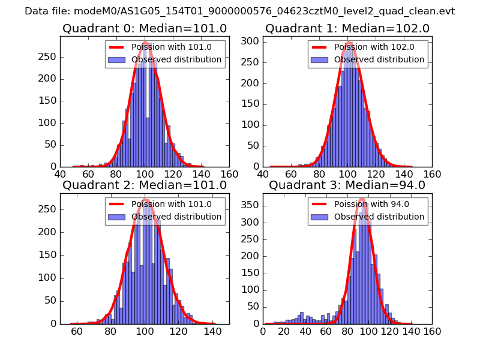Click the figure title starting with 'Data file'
[x=240, y=11]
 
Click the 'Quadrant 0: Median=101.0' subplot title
[x=145, y=29]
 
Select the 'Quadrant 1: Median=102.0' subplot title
[x=347, y=29]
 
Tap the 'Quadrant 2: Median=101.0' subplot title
[x=145, y=185]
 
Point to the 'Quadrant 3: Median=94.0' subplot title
[x=347, y=185]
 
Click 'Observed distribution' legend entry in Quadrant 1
[x=379, y=59]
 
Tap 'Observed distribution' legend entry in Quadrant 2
[x=176, y=217]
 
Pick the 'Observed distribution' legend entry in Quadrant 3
[x=379, y=217]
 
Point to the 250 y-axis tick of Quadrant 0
[x=48, y=57]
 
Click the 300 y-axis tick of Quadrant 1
[x=251, y=41]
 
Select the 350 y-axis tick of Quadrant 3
[x=251, y=205]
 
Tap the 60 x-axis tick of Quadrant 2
[x=77, y=331]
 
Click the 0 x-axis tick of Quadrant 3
[x=263, y=331]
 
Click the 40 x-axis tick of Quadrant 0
[x=61, y=173]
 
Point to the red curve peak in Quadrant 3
[x=362, y=199]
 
